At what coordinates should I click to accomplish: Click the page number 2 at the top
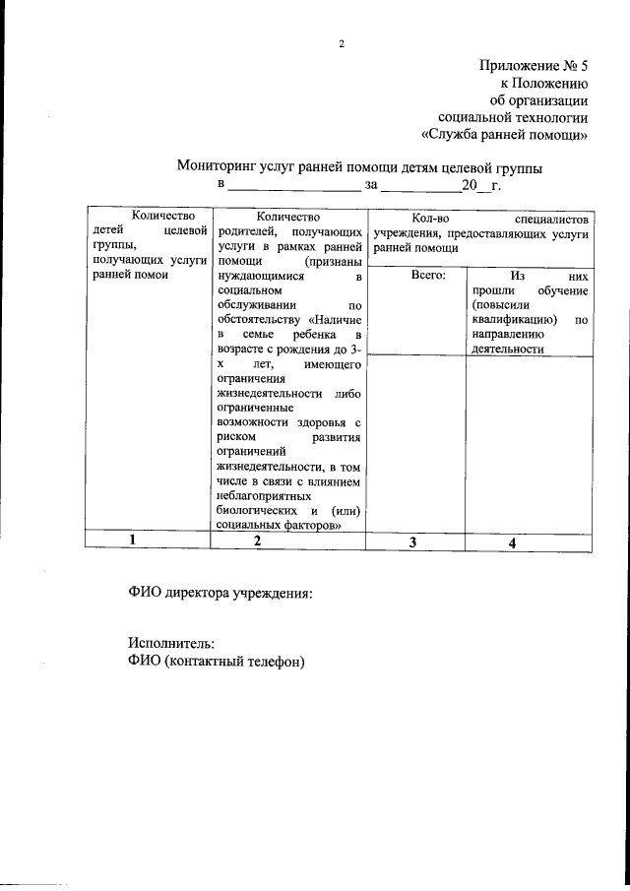click(342, 44)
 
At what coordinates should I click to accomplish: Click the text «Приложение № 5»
click(535, 67)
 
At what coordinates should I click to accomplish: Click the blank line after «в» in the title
click(294, 186)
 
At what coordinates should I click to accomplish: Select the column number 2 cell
click(257, 541)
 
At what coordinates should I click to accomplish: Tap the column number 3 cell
click(413, 542)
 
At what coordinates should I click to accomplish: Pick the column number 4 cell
click(512, 542)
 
